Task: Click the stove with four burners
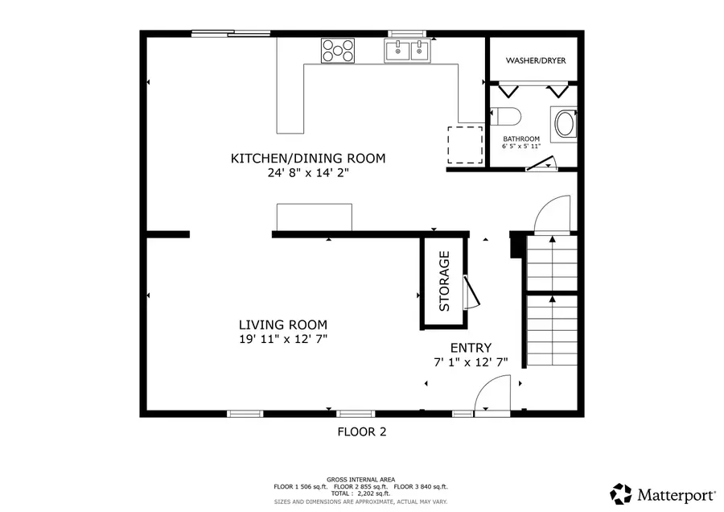(x=337, y=51)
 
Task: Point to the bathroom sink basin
(x=564, y=125)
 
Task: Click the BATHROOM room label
(x=521, y=139)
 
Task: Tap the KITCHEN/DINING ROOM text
(x=308, y=159)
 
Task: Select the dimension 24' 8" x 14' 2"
(x=308, y=172)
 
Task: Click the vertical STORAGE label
(x=444, y=282)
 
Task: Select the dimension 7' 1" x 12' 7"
(x=470, y=362)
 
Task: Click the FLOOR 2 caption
(x=361, y=431)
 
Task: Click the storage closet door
(x=472, y=291)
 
